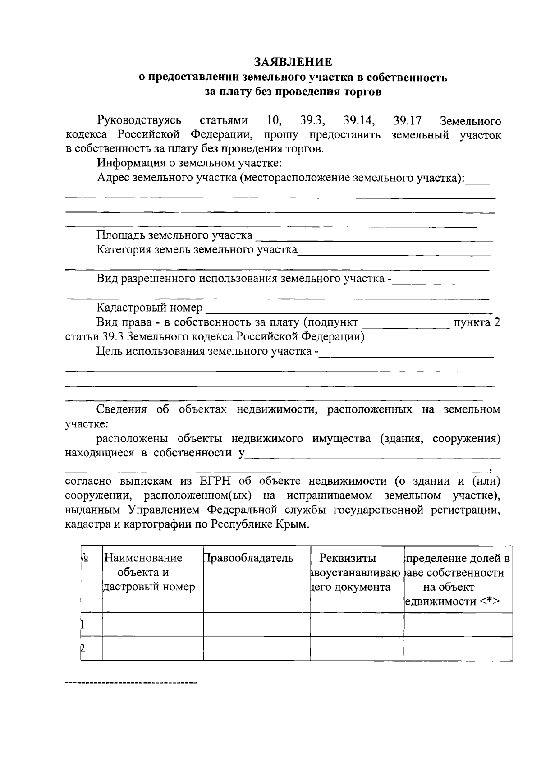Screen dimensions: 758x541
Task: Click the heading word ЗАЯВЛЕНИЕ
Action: pos(293,62)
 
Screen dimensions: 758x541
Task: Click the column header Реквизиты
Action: pos(348,558)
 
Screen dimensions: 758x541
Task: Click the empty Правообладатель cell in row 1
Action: pos(257,625)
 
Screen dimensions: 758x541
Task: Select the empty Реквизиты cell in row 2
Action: pos(357,648)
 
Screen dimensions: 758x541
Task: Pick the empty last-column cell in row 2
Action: pos(458,648)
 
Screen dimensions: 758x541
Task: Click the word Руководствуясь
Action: pos(139,120)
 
